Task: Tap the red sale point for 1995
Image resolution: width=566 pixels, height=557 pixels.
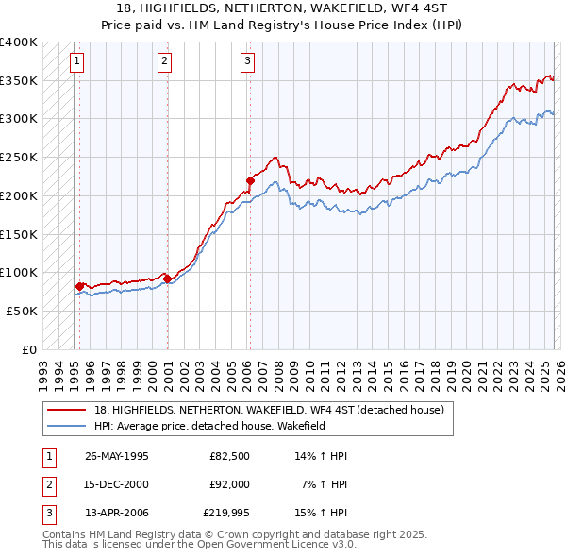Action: point(79,285)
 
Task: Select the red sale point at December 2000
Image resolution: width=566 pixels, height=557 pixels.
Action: point(167,278)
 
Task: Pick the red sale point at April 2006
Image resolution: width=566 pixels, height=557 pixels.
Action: point(250,179)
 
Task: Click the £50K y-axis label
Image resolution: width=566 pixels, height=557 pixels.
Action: point(22,311)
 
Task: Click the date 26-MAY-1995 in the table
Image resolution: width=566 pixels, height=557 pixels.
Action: point(116,456)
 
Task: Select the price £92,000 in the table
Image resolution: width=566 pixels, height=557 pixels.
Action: point(229,484)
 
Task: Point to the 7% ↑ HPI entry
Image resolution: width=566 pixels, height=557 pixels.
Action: point(323,484)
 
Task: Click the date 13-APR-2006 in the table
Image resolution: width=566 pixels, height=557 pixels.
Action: point(116,513)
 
